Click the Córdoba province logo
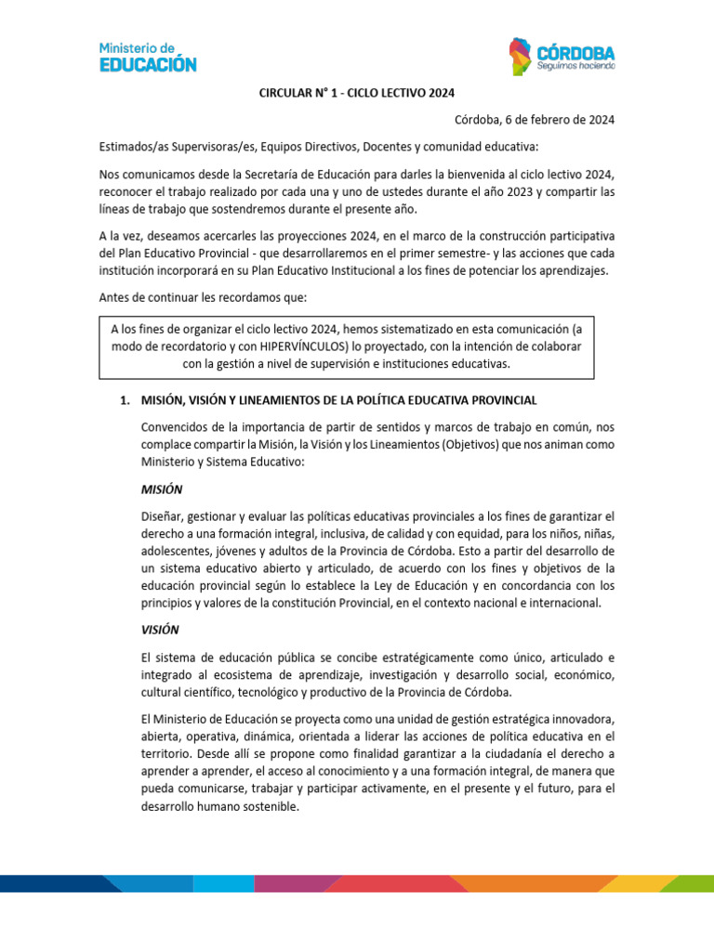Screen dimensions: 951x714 [561, 57]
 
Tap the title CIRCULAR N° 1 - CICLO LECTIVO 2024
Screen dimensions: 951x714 [357, 92]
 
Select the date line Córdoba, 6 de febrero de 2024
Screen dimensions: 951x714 [535, 120]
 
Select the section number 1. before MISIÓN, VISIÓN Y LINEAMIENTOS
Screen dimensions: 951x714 [124, 400]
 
